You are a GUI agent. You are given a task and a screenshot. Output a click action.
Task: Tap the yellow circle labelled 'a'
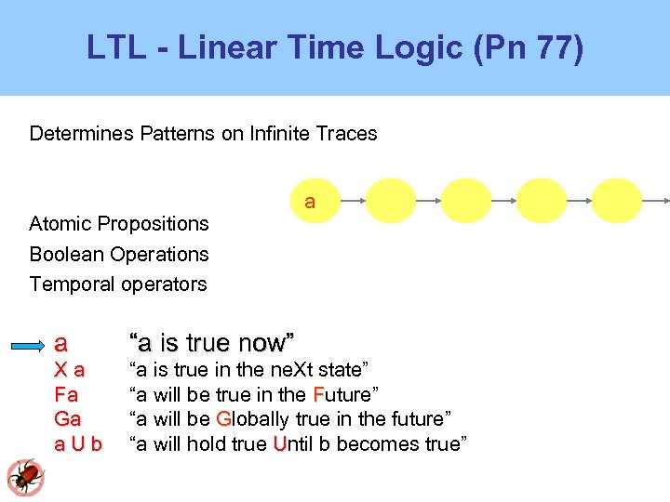(x=310, y=202)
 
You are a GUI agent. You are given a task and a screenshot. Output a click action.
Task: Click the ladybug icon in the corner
(x=25, y=477)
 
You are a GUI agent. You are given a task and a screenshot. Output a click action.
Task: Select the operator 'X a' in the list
(x=70, y=369)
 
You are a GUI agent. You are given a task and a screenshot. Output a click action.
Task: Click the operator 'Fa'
(x=66, y=394)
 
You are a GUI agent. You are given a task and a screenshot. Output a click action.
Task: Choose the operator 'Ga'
(x=68, y=419)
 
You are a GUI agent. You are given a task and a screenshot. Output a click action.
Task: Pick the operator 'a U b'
(x=78, y=444)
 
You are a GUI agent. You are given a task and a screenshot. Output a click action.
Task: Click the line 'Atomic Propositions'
(x=119, y=223)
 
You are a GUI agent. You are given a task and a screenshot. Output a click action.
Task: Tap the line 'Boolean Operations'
(x=119, y=254)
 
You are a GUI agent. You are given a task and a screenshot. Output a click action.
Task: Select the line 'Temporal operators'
(x=118, y=284)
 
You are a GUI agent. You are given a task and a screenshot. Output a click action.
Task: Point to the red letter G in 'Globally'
(x=223, y=419)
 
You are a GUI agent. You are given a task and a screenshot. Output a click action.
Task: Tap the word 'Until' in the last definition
(x=294, y=444)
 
